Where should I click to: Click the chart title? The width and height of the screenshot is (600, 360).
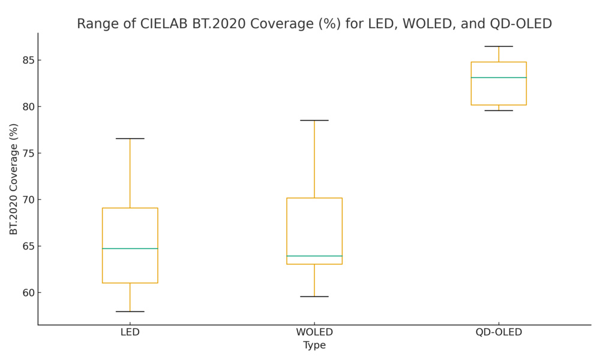pyautogui.click(x=314, y=24)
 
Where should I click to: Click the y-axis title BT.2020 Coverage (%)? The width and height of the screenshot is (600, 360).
pyautogui.click(x=14, y=179)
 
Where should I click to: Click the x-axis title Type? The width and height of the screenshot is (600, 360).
pyautogui.click(x=314, y=346)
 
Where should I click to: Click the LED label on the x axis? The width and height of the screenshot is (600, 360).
pyautogui.click(x=130, y=332)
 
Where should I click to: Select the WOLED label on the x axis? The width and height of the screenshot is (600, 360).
pyautogui.click(x=314, y=332)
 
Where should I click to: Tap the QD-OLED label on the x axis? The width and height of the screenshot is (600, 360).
pyautogui.click(x=499, y=332)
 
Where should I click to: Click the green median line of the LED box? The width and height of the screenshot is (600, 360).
pyautogui.click(x=130, y=248)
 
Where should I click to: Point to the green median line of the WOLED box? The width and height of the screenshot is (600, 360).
pyautogui.click(x=314, y=256)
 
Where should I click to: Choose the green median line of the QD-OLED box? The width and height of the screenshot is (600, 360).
pyautogui.click(x=499, y=77)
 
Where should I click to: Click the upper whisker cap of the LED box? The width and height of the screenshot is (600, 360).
pyautogui.click(x=130, y=139)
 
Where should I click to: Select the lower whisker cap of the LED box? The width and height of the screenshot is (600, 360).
pyautogui.click(x=130, y=311)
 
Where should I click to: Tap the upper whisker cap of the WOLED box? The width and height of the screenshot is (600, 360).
pyautogui.click(x=314, y=121)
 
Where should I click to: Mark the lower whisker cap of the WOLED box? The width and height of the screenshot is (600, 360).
pyautogui.click(x=314, y=296)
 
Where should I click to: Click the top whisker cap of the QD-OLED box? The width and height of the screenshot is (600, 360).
pyautogui.click(x=499, y=46)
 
